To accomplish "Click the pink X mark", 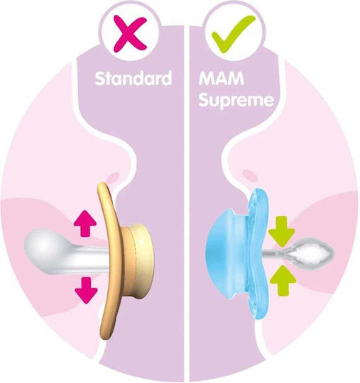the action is [131, 33].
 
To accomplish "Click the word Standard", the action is [133, 78].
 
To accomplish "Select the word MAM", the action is [222, 78].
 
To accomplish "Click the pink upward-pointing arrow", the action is [85, 223].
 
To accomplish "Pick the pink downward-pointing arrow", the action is [86, 290].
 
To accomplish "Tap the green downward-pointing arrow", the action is [282, 231].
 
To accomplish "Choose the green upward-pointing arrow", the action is [283, 280].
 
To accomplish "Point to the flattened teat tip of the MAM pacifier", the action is [311, 252].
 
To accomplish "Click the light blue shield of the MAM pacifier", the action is [258, 254].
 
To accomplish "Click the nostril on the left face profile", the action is [113, 176].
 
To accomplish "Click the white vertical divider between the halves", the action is [186, 204].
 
